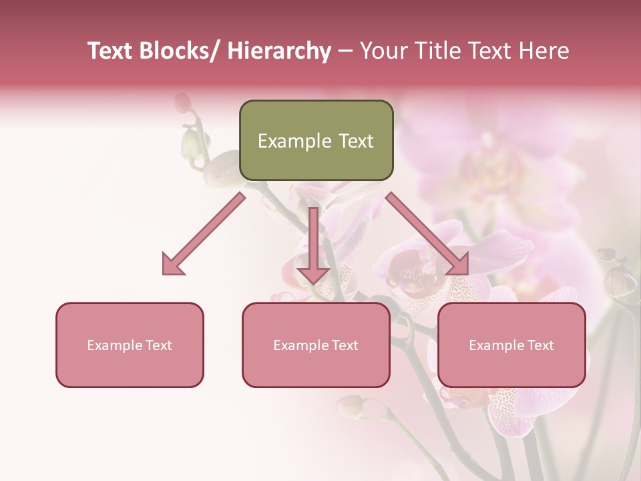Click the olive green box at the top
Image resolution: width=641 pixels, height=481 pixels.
click(316, 140)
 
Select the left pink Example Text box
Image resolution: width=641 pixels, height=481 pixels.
click(130, 345)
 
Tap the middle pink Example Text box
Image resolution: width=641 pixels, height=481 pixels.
click(316, 345)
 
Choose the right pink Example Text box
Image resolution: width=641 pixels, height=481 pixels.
click(511, 345)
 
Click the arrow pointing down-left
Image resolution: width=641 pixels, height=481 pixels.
click(204, 234)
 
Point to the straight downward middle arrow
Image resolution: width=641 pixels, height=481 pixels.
click(313, 244)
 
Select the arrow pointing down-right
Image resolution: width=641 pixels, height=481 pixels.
click(427, 234)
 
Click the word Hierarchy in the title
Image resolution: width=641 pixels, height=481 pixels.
click(279, 51)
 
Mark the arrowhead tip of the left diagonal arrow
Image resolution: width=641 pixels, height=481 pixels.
click(164, 273)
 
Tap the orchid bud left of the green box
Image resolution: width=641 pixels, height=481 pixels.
click(192, 142)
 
